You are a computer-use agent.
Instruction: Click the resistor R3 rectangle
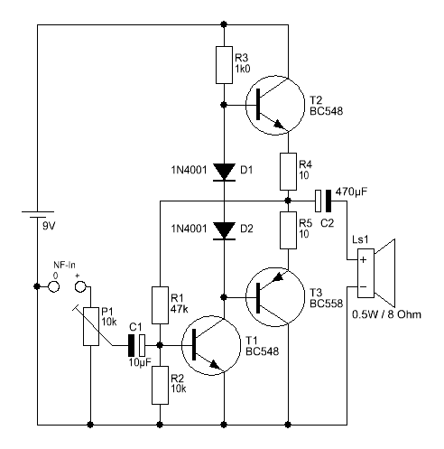click(x=224, y=65)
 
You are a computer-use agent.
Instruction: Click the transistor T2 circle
click(x=245, y=106)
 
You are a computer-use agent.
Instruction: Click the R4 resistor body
click(x=288, y=172)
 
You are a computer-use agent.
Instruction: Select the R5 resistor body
click(x=288, y=230)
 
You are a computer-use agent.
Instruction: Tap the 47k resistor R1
click(x=160, y=305)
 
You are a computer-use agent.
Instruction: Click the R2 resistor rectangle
click(x=160, y=385)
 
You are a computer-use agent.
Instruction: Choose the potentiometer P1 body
click(x=91, y=326)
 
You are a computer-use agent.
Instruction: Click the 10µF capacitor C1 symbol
click(x=136, y=345)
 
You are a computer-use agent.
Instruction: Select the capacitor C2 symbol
click(x=323, y=201)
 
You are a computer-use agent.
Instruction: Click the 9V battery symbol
click(x=37, y=214)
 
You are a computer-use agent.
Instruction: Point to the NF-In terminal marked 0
click(x=54, y=286)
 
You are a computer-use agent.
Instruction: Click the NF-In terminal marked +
click(x=80, y=286)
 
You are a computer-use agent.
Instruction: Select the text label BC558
click(x=326, y=304)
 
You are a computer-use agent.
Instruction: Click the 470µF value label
click(x=351, y=192)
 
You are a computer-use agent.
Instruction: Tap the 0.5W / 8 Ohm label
click(x=386, y=314)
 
